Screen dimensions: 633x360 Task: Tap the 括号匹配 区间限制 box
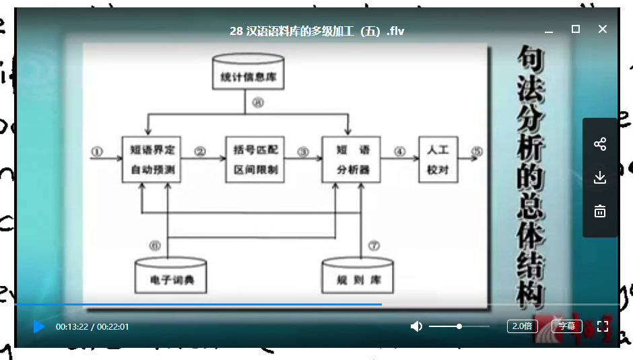(x=255, y=159)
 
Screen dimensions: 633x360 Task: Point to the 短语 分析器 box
(x=351, y=159)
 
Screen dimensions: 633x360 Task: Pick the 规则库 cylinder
(x=358, y=275)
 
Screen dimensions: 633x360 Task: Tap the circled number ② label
(x=199, y=151)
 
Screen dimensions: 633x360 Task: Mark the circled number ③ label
(x=303, y=151)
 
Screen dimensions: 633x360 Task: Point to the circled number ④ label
(x=399, y=151)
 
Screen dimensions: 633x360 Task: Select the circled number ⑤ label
(x=477, y=151)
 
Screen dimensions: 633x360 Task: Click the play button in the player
(x=39, y=326)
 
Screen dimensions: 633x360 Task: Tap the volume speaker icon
(x=416, y=326)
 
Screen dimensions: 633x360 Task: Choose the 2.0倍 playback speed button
(x=523, y=326)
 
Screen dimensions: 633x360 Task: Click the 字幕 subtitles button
(x=567, y=326)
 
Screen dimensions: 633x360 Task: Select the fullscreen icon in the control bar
(x=603, y=326)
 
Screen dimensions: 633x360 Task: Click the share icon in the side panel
(x=600, y=144)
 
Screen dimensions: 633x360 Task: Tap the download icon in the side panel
(x=600, y=178)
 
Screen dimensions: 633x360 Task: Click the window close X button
(x=603, y=29)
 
